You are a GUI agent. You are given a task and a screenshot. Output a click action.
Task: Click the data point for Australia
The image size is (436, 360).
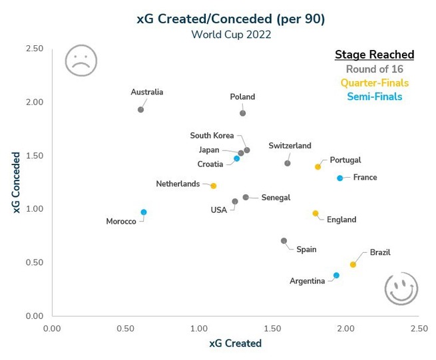click(x=140, y=110)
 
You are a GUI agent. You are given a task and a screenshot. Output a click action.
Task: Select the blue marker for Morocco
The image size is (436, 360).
click(x=144, y=212)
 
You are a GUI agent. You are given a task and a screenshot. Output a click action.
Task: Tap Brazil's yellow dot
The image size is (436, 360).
click(x=353, y=264)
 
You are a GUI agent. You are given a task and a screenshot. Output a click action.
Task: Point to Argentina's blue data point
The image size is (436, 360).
click(x=336, y=275)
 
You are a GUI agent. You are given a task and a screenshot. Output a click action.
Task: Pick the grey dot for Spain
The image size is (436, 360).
click(x=284, y=241)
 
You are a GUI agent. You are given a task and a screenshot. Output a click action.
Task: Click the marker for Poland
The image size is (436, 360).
click(x=243, y=113)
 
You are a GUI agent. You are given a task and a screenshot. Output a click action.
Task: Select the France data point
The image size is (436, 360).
click(x=339, y=178)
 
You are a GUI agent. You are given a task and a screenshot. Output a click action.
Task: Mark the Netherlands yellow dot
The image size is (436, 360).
click(x=213, y=186)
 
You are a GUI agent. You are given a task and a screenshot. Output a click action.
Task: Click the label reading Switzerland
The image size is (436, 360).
click(x=290, y=146)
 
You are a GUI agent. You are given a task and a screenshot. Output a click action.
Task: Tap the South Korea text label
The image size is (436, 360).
click(x=212, y=135)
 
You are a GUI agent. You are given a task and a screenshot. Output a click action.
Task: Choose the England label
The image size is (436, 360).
click(x=341, y=220)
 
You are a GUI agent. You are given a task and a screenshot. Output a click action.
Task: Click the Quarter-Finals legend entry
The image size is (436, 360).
click(x=375, y=83)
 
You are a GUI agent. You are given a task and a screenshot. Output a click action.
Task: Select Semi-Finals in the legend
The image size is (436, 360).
click(x=375, y=96)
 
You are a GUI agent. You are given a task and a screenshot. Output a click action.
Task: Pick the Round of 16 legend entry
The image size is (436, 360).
click(x=375, y=69)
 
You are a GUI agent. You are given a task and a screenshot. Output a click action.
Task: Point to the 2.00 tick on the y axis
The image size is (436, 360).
click(x=35, y=102)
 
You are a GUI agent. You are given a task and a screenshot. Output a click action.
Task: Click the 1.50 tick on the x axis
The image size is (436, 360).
click(x=272, y=329)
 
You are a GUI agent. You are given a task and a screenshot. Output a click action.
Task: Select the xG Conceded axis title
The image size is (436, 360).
click(x=16, y=182)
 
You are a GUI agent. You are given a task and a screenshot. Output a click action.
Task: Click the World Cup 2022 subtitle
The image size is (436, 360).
click(x=231, y=35)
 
